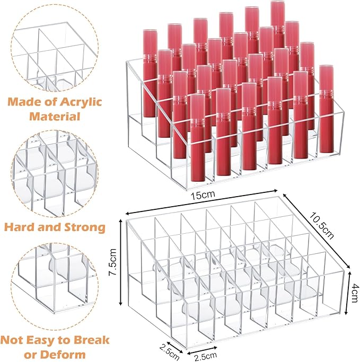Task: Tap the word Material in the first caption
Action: [x=55, y=116]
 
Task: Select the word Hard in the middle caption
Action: [x=22, y=227]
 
